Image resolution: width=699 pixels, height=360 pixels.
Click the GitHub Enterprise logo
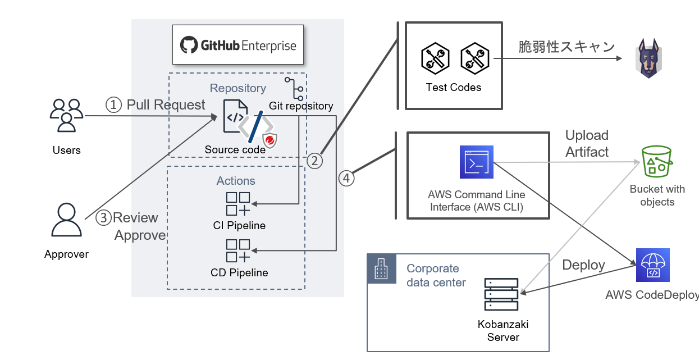click(237, 45)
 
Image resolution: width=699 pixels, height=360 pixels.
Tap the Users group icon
click(66, 115)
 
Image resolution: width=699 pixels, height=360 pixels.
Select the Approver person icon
click(66, 220)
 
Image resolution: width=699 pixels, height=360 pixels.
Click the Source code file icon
click(235, 116)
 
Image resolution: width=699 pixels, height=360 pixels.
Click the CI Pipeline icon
click(238, 204)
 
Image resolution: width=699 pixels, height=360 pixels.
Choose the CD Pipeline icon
click(238, 251)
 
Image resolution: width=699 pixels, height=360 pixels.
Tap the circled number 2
click(314, 161)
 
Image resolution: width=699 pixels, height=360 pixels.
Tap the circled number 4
click(346, 178)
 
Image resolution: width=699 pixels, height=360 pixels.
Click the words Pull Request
click(166, 104)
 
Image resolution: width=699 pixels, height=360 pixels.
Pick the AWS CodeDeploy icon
click(652, 265)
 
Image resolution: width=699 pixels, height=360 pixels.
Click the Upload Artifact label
click(587, 144)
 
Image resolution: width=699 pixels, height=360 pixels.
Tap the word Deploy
click(583, 265)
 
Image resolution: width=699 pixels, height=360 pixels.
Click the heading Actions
click(236, 181)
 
